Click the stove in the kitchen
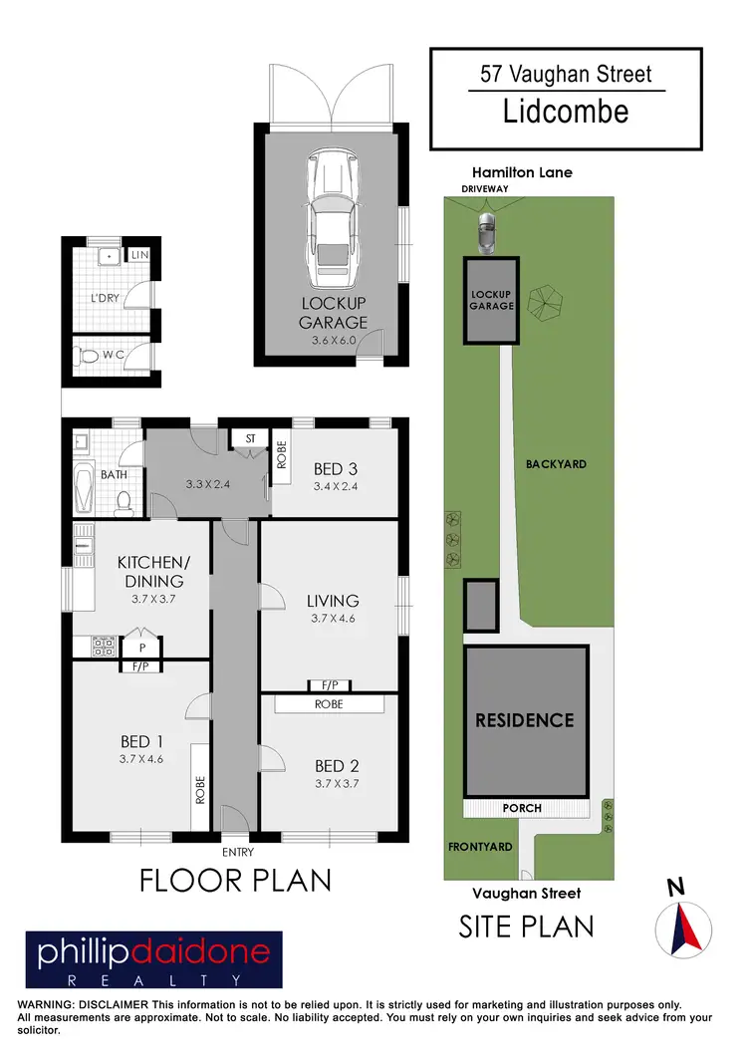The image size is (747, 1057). pyautogui.click(x=102, y=646)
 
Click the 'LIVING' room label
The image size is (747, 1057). pyautogui.click(x=333, y=601)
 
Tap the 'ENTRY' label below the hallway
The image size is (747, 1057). pyautogui.click(x=238, y=852)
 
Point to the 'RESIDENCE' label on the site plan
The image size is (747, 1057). pyautogui.click(x=525, y=720)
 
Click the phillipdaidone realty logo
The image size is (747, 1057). pyautogui.click(x=154, y=959)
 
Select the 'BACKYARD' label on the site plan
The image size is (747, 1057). pyautogui.click(x=557, y=464)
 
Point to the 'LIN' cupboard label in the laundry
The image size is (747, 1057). pyautogui.click(x=139, y=255)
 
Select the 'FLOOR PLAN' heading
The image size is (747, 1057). pyautogui.click(x=235, y=881)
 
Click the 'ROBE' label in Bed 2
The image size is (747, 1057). pyautogui.click(x=330, y=703)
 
